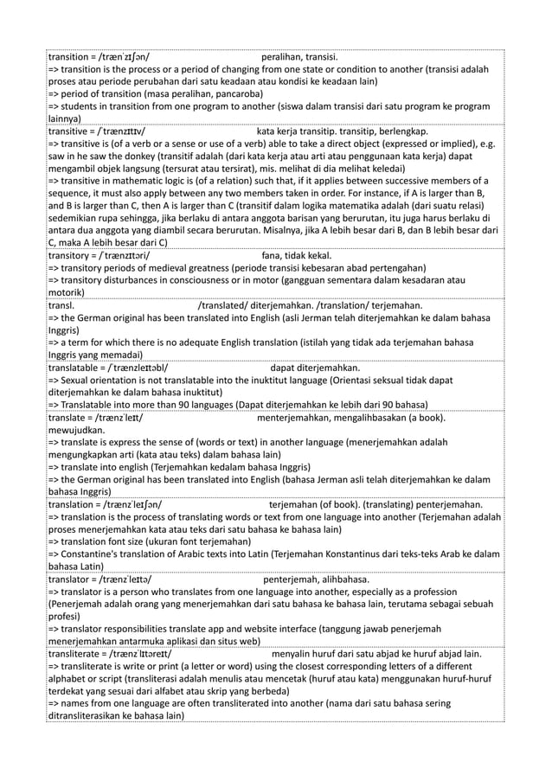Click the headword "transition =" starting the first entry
(x=73, y=56)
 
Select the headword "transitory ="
(x=74, y=256)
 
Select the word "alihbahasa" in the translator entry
(x=343, y=579)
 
